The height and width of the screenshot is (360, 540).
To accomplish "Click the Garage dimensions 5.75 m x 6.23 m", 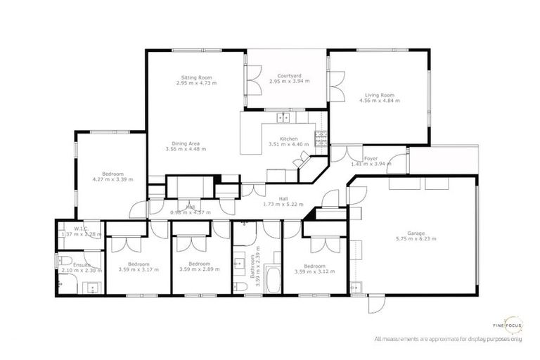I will click(x=416, y=238).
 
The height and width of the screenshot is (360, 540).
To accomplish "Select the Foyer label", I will click(x=371, y=158).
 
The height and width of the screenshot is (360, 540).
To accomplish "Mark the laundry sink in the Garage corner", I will click(x=356, y=285).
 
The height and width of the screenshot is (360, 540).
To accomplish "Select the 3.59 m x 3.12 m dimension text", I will click(x=314, y=271).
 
